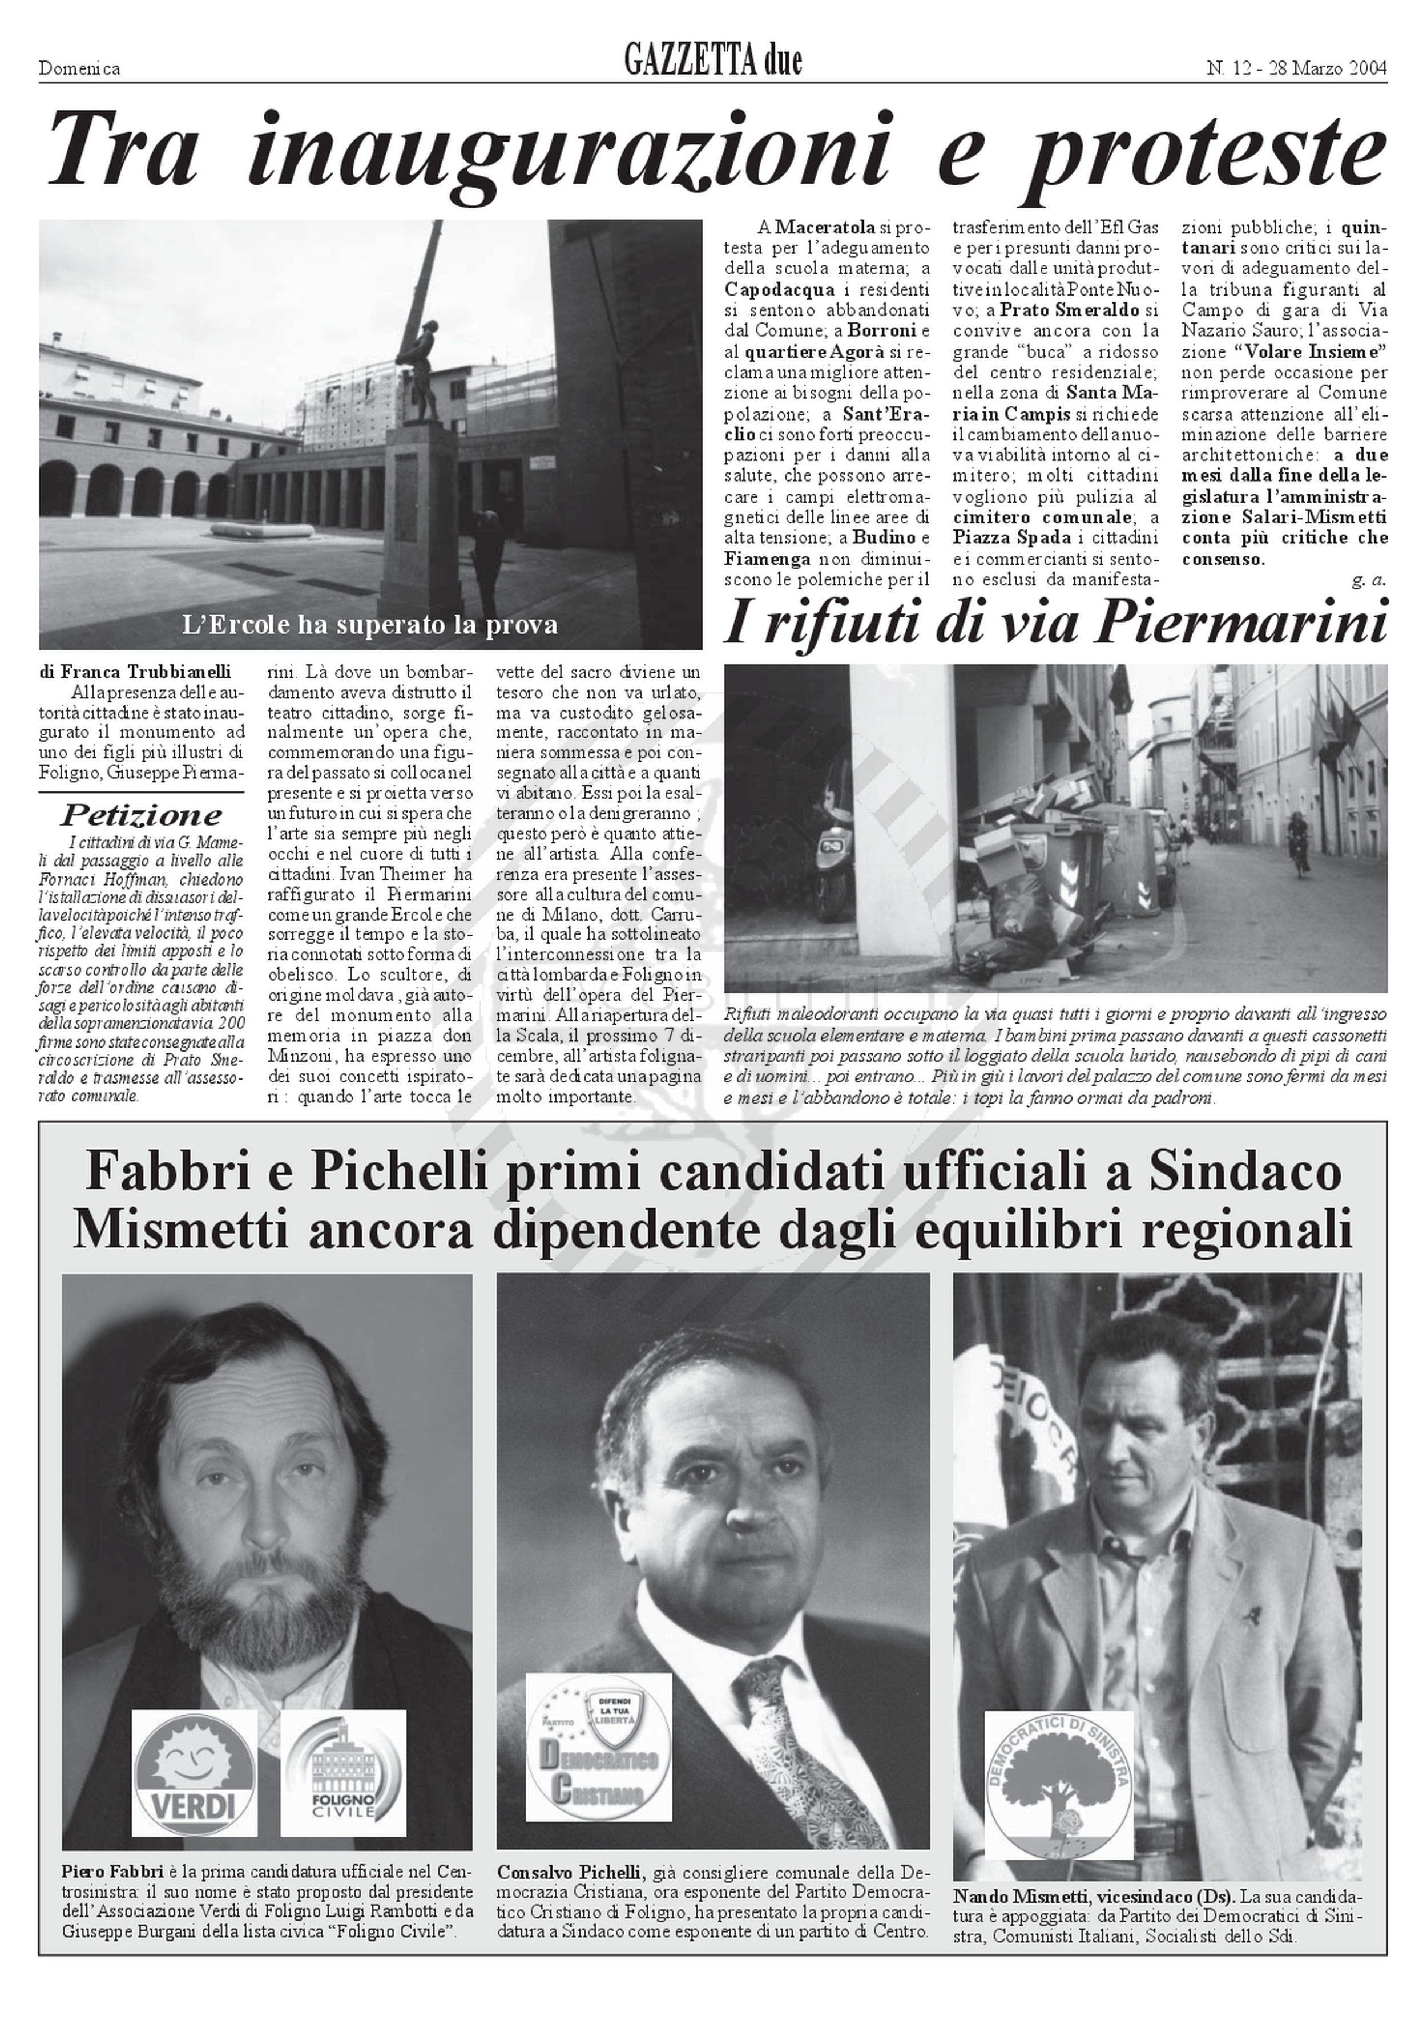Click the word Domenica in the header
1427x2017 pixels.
point(79,68)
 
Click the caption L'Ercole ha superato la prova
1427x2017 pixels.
point(369,625)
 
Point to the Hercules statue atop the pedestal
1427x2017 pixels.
point(422,351)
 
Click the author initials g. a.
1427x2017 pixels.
point(1369,580)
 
